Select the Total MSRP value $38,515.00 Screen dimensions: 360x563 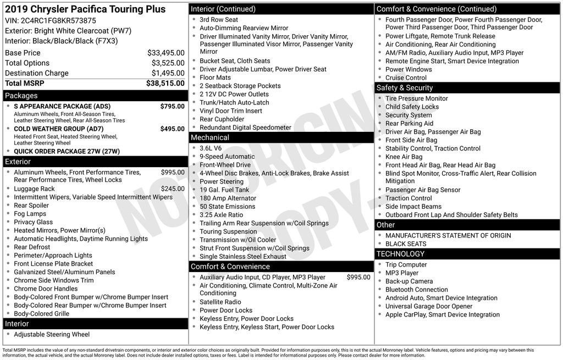coord(165,84)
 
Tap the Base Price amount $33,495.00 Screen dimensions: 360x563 coord(165,53)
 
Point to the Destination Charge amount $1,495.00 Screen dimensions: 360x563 coord(168,73)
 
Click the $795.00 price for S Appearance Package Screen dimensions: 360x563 coord(172,106)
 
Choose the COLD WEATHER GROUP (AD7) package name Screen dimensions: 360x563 coord(58,129)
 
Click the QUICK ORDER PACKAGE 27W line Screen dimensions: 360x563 coord(67,152)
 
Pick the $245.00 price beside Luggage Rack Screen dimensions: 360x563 coord(173,189)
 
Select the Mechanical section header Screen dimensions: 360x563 coord(209,137)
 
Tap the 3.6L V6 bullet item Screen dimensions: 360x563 coord(211,148)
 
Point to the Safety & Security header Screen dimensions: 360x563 coord(404,88)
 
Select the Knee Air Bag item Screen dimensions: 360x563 coord(404,157)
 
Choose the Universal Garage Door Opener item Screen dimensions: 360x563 coord(428,306)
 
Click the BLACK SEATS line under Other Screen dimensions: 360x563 coord(405,243)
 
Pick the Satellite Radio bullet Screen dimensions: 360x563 coord(220,302)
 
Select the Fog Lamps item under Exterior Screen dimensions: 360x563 coord(30,214)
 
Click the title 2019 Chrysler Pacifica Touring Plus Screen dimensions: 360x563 coord(85,9)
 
